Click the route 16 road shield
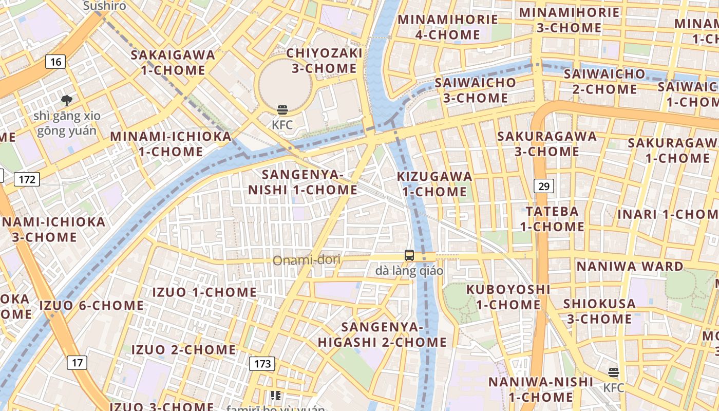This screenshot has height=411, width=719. tap(55, 62)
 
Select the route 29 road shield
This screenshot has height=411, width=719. tap(544, 186)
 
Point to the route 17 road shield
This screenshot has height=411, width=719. tap(77, 363)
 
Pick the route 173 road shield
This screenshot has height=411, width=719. tap(262, 364)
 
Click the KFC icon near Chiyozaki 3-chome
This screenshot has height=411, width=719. tap(282, 109)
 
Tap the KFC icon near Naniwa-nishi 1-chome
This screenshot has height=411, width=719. tap(614, 372)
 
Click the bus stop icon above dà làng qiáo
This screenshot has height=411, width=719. tap(409, 255)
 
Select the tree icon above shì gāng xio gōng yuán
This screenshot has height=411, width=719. tap(66, 100)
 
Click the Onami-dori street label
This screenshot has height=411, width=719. tap(306, 260)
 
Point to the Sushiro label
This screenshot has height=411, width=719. tap(104, 6)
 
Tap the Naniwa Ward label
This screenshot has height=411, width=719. tap(630, 266)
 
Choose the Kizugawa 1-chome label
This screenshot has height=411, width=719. tap(434, 184)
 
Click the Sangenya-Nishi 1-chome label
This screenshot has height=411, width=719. tap(302, 182)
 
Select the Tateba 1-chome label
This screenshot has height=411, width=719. tap(552, 218)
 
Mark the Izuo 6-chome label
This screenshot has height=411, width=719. tap(92, 306)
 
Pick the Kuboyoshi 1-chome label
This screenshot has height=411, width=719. tap(508, 297)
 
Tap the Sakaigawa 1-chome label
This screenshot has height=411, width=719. tap(173, 62)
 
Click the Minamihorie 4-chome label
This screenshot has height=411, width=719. tap(448, 27)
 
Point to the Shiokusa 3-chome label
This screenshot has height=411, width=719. tap(599, 311)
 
